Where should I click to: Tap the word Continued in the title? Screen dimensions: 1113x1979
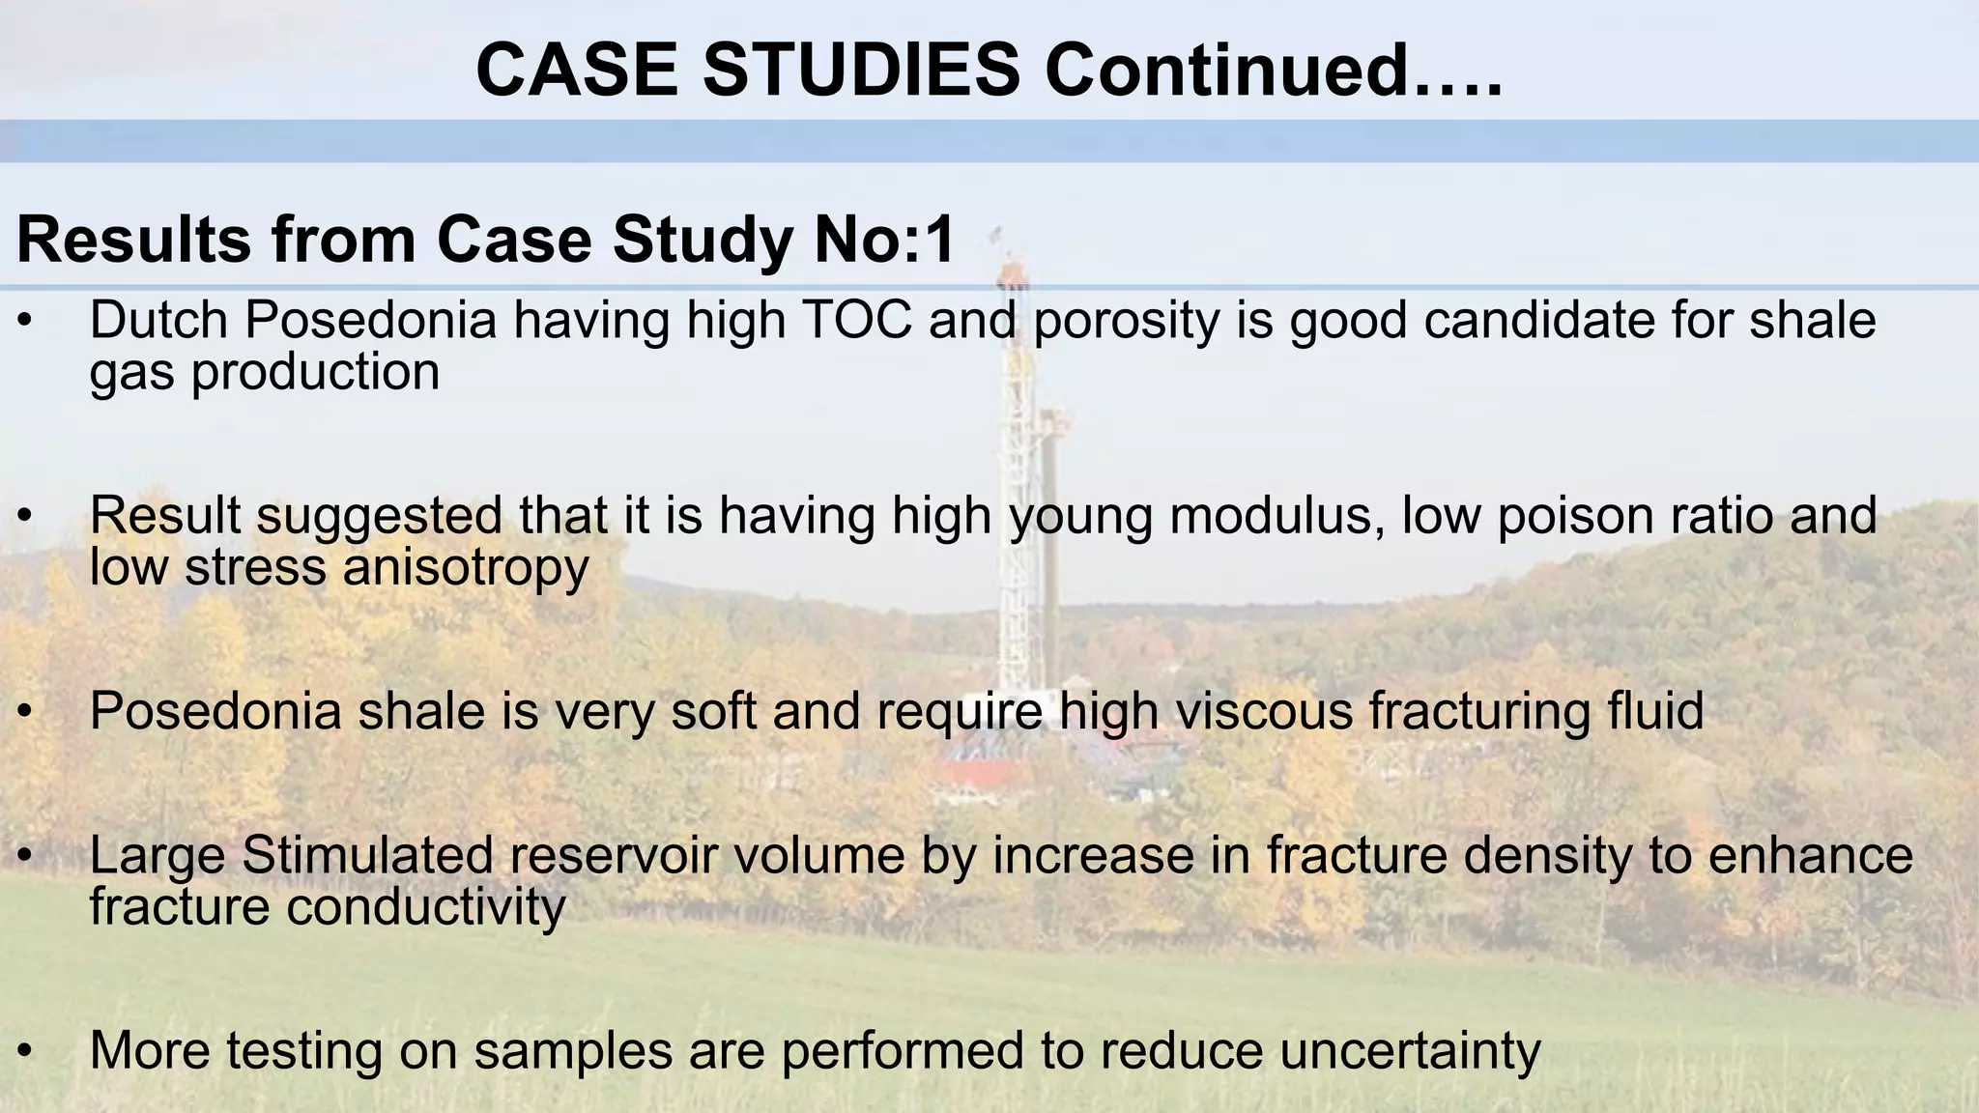tap(1226, 71)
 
